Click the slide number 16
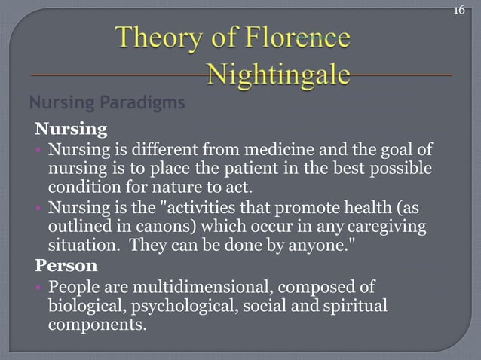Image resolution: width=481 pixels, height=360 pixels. tap(459, 11)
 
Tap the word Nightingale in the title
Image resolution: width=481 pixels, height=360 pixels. tap(278, 75)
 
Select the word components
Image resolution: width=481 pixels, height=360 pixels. tap(96, 324)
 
